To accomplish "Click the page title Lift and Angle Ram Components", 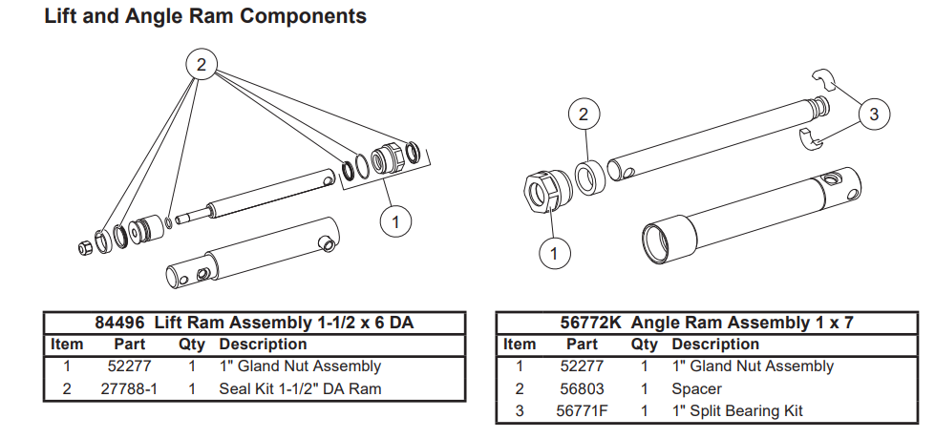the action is coord(205,16).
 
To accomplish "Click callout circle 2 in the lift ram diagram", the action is coord(201,64).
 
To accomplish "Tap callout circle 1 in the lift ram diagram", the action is coord(395,221).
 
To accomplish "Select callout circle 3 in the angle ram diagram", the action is coord(874,114).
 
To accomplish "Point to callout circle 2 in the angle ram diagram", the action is coord(584,114).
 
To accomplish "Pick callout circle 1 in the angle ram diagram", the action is coord(554,253).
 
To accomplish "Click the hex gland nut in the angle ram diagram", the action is coord(547,191).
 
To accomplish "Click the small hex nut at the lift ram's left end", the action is coord(85,247).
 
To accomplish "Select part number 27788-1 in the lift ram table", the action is coord(129,389).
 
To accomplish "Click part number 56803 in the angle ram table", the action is coord(582,389).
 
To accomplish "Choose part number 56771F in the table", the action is coord(583,411).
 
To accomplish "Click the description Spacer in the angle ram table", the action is coord(696,389).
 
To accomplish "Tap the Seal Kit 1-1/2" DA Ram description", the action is coord(300,389).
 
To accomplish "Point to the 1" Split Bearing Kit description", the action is coord(737,411).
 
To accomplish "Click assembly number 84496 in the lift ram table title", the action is coord(119,323).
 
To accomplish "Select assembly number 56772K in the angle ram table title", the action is coord(590,323).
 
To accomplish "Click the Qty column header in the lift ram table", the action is coord(191,345).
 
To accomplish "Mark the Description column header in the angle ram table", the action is coord(715,345).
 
